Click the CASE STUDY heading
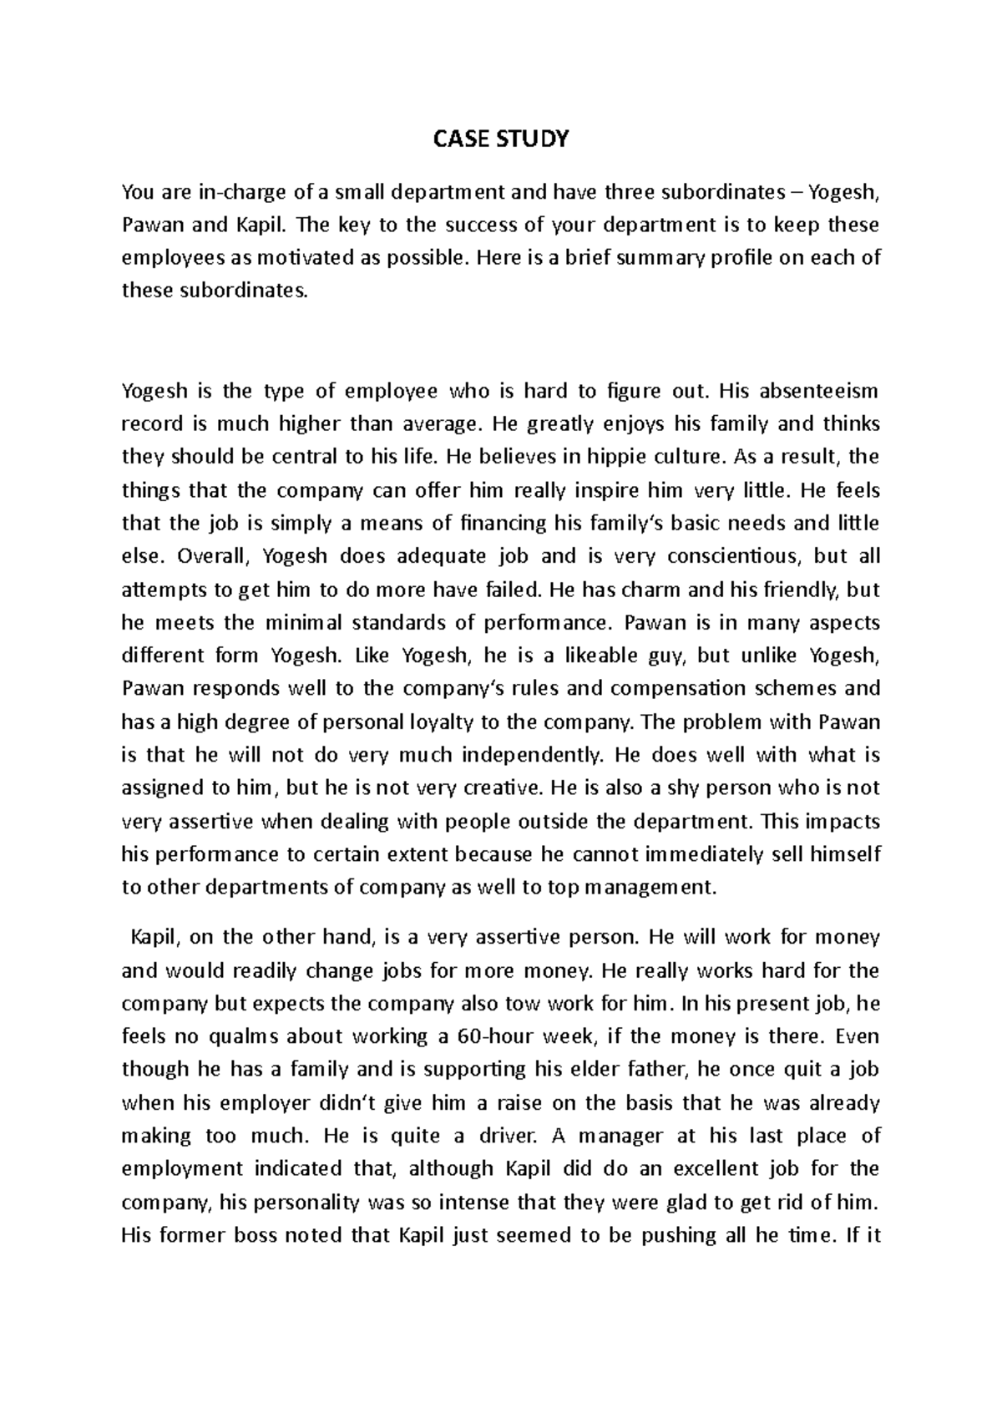point(500,139)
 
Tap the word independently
point(531,755)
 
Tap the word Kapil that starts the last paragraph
point(154,937)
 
